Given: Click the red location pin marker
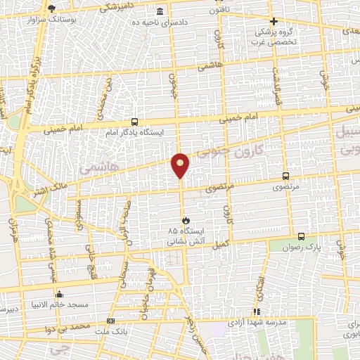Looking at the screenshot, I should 181,165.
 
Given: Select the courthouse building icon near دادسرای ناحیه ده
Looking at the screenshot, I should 161,13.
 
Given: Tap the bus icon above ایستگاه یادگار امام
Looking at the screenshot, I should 134,121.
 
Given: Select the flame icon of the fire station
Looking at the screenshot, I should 185,220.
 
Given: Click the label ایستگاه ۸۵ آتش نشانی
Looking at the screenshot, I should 185,236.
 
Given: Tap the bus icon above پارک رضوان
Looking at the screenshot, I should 301,236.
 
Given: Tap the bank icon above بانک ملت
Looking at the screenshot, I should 110,321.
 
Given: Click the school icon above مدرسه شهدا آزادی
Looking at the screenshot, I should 257,311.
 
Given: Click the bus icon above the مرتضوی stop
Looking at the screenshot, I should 285,176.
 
